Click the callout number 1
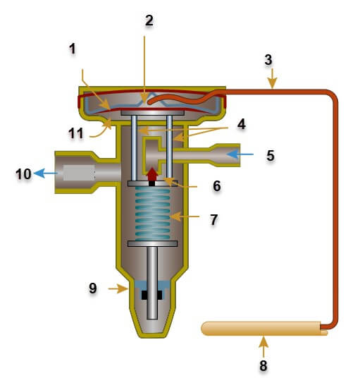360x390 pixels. click(72, 50)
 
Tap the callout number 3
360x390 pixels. click(268, 59)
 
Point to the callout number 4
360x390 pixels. click(241, 124)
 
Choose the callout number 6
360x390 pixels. click(216, 186)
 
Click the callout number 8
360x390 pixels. click(263, 366)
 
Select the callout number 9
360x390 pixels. click(92, 288)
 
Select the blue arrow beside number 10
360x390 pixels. click(45, 173)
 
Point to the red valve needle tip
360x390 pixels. click(151, 173)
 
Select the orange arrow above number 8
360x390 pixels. click(263, 346)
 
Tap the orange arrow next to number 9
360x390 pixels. click(116, 288)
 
